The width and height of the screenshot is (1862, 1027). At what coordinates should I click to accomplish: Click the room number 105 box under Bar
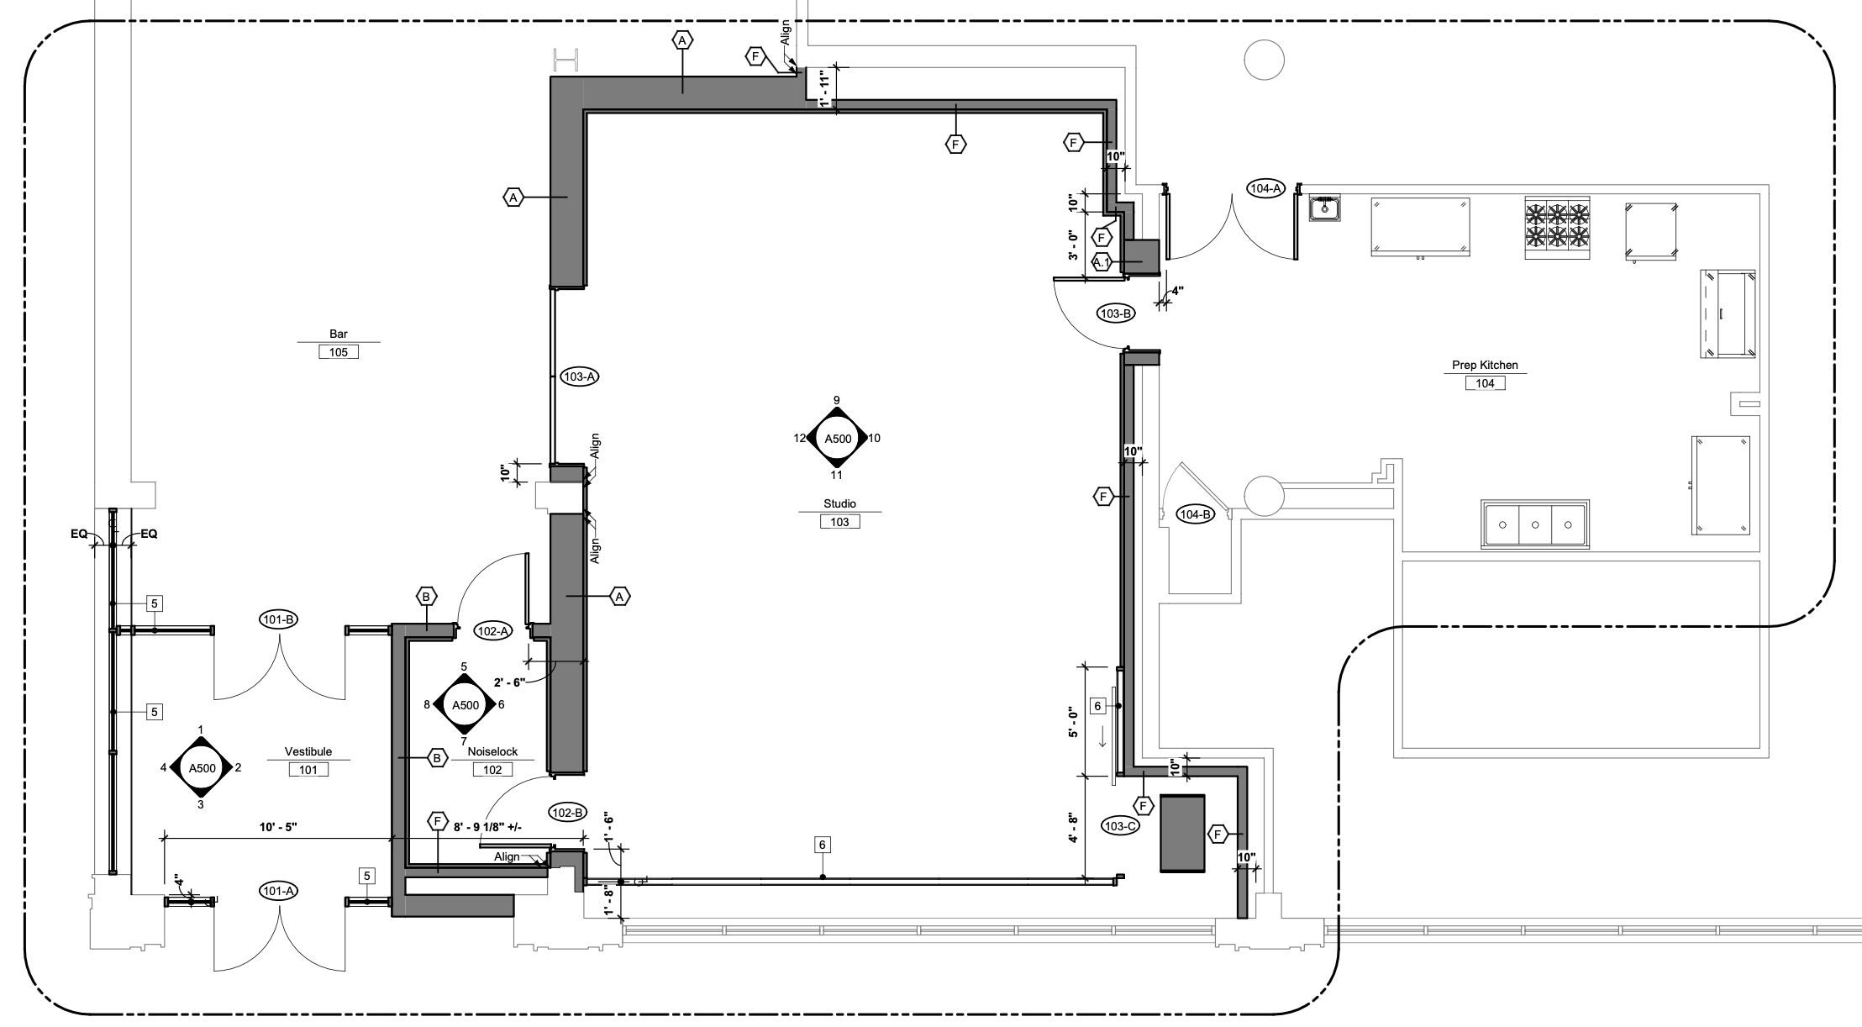click(x=339, y=352)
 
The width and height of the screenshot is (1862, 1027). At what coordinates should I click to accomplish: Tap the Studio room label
click(x=839, y=504)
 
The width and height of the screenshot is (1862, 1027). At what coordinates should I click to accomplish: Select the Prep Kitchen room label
click(x=1485, y=366)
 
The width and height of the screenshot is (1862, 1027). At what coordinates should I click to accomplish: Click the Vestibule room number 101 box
click(x=308, y=769)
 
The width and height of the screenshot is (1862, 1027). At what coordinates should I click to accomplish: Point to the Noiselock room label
click(x=492, y=752)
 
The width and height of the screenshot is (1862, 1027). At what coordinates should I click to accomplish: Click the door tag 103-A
click(x=580, y=377)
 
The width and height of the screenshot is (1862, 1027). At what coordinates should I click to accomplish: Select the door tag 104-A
click(x=1265, y=188)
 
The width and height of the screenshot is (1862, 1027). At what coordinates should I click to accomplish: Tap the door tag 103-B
click(x=1116, y=313)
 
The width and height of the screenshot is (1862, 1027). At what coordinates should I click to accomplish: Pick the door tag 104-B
click(x=1195, y=514)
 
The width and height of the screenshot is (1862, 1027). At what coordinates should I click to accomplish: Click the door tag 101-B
click(x=278, y=620)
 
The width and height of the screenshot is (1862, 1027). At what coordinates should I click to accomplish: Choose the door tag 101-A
click(x=278, y=891)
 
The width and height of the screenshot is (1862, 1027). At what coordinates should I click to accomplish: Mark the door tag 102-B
click(x=568, y=813)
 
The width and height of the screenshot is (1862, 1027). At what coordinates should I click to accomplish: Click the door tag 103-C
click(x=1121, y=826)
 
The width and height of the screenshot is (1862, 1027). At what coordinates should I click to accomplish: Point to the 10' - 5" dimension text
click(x=278, y=828)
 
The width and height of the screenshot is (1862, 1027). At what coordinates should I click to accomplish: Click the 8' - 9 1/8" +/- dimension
click(x=487, y=828)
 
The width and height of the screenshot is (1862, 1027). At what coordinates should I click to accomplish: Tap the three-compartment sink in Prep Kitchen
click(x=1535, y=524)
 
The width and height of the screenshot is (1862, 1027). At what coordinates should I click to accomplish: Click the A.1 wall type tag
click(x=1102, y=262)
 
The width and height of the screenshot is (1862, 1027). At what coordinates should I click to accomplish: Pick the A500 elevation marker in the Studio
click(x=837, y=438)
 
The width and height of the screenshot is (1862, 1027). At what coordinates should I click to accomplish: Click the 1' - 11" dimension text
click(x=824, y=90)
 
